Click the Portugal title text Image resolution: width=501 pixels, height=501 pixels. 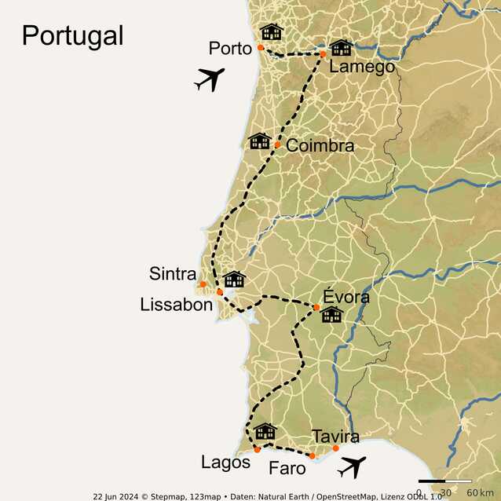tap(72, 35)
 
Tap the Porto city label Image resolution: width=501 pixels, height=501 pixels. tap(229, 49)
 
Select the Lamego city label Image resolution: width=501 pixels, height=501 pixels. tap(361, 68)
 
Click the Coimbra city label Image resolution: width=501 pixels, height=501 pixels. tap(320, 146)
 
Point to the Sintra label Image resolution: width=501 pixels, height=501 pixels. tap(172, 274)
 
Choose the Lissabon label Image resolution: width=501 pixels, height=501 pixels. tap(176, 305)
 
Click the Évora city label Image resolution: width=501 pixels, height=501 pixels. tap(341, 298)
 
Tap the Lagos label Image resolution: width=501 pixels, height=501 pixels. tap(225, 463)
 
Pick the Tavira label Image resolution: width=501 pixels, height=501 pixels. tap(335, 437)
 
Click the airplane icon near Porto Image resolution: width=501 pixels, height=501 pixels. tap(209, 79)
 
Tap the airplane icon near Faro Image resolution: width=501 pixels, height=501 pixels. tap(352, 466)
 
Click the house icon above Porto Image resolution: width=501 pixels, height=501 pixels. tap(271, 31)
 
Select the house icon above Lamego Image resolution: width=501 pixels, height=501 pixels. tap(341, 47)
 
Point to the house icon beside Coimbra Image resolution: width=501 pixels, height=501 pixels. tap(259, 141)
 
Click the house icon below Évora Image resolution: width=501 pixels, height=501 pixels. tap(331, 315)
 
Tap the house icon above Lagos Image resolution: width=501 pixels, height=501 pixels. tap(265, 431)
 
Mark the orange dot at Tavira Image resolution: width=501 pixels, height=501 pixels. tap(336, 448)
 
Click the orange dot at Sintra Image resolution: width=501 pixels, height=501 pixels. tap(203, 284)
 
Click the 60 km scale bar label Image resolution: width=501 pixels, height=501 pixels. tap(479, 492)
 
